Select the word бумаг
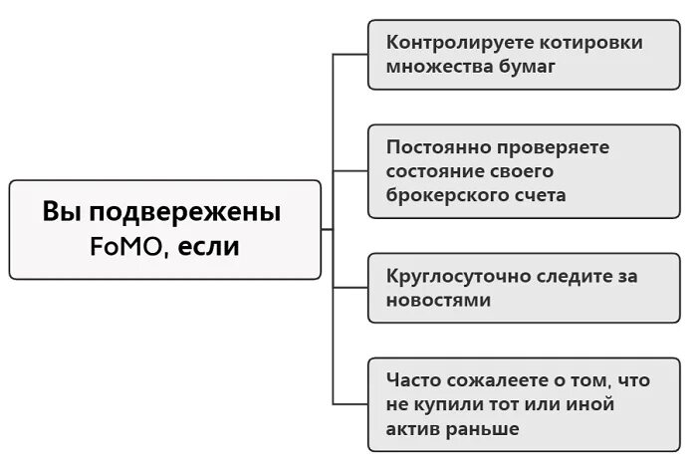[x=530, y=68]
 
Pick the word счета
[x=539, y=195]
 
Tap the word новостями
[x=439, y=300]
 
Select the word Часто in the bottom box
[x=413, y=380]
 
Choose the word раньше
[x=484, y=429]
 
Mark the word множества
[x=435, y=68]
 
